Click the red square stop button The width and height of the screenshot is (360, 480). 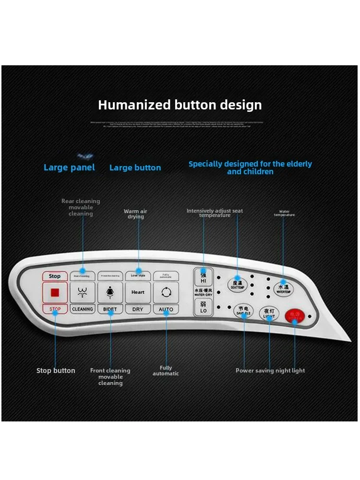[x=55, y=292]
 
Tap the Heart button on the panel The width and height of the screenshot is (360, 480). [x=138, y=292]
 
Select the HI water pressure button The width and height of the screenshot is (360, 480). [x=203, y=277]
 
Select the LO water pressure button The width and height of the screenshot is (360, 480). [x=203, y=307]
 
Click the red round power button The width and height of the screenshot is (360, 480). [x=294, y=316]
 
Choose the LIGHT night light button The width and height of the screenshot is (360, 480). [x=269, y=313]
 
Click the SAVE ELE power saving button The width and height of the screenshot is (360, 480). [x=243, y=311]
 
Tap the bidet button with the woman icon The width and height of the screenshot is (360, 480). [x=110, y=292]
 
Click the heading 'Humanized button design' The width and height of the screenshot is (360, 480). [x=180, y=105]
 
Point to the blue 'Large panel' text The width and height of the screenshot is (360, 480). [x=69, y=168]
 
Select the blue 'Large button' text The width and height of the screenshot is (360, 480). [x=135, y=168]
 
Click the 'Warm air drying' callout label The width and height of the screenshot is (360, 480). [x=135, y=214]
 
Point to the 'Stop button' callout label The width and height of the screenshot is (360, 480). [x=56, y=371]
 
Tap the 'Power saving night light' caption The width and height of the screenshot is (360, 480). [x=270, y=371]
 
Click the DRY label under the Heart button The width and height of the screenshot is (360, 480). [x=138, y=310]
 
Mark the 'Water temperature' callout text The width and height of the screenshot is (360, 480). [x=284, y=213]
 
